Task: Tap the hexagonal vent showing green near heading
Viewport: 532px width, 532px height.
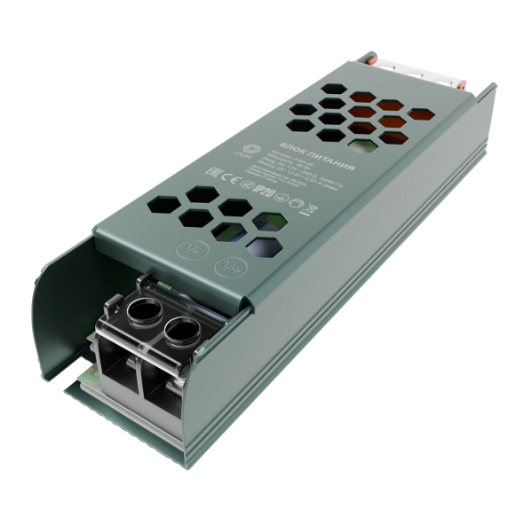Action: tap(361, 137)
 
